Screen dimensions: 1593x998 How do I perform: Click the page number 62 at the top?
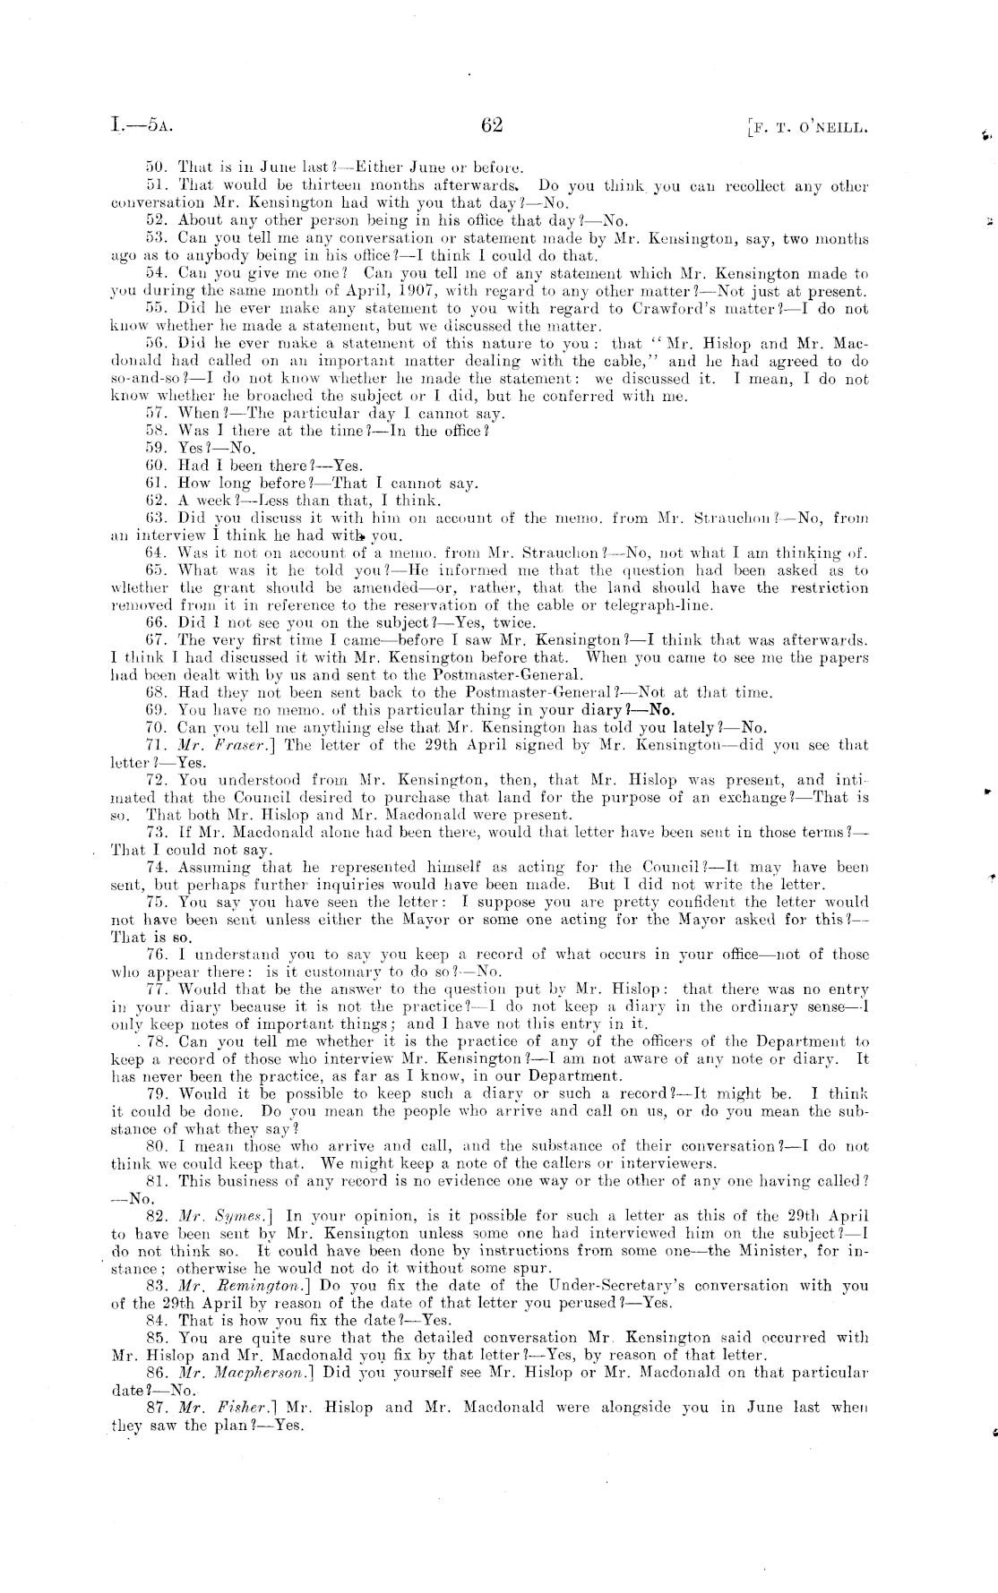click(x=492, y=125)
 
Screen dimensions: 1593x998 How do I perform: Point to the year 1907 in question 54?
click(x=392, y=291)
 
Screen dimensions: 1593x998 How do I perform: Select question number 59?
click(x=158, y=448)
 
